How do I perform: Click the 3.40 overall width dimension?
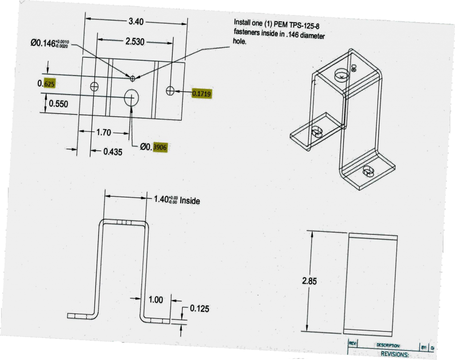point(136,21)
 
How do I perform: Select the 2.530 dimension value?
point(135,42)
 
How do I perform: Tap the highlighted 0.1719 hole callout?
point(201,93)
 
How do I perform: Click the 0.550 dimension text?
point(58,104)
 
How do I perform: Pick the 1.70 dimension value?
point(104,132)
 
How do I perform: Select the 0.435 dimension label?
point(113,151)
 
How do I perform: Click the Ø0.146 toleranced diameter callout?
point(49,43)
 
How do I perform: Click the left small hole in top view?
point(94,86)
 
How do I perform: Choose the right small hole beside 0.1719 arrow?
point(170,91)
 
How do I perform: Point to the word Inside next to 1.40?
point(190,201)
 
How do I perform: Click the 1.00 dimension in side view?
point(156,300)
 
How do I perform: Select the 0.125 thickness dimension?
point(200,309)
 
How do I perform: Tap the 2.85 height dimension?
point(309,281)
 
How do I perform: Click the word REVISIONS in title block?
point(395,354)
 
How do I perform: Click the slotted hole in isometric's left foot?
point(316,131)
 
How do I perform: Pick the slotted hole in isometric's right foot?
point(370,171)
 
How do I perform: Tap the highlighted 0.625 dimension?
point(46,84)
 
